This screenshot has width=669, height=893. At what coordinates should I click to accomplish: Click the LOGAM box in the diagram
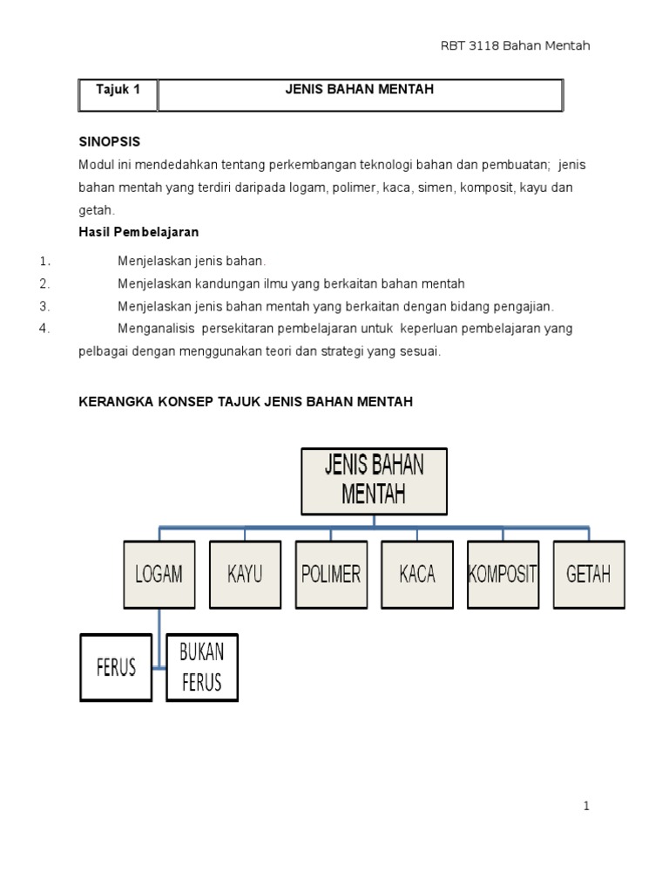pyautogui.click(x=159, y=574)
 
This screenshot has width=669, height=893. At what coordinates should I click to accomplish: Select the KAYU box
pyautogui.click(x=245, y=574)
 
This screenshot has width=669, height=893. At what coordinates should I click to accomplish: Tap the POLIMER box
pyautogui.click(x=331, y=574)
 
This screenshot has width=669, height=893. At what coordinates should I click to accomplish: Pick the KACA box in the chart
pyautogui.click(x=417, y=574)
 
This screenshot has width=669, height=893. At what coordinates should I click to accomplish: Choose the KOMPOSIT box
pyautogui.click(x=503, y=574)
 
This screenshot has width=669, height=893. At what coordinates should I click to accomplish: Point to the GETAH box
pyautogui.click(x=589, y=574)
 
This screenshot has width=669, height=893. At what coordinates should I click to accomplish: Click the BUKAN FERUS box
pyautogui.click(x=202, y=667)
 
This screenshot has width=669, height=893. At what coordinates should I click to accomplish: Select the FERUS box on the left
pyautogui.click(x=116, y=667)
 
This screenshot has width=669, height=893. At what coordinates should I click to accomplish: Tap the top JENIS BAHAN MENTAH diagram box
pyautogui.click(x=374, y=481)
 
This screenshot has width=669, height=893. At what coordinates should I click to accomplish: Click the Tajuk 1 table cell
pyautogui.click(x=118, y=89)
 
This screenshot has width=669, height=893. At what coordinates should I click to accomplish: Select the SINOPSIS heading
pyautogui.click(x=110, y=141)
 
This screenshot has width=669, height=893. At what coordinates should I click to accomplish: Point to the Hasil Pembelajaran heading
pyautogui.click(x=139, y=232)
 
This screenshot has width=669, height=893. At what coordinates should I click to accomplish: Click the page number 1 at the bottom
pyautogui.click(x=587, y=806)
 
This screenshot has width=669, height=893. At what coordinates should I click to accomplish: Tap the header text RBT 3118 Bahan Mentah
pyautogui.click(x=516, y=45)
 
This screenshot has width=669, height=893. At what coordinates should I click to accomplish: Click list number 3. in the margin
pyautogui.click(x=45, y=306)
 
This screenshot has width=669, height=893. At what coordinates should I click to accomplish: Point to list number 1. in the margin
pyautogui.click(x=45, y=261)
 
